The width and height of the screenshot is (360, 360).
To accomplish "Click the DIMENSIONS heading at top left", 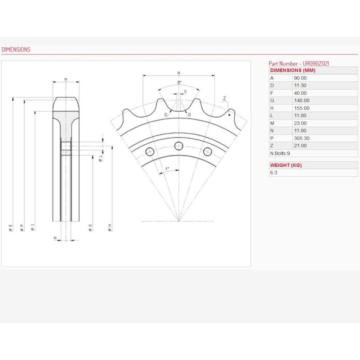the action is [x=16, y=50].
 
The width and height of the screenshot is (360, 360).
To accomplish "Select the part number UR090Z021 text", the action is [x=316, y=64].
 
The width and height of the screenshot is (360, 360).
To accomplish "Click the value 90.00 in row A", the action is [x=300, y=78].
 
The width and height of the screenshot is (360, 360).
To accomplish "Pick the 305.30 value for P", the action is [x=302, y=138].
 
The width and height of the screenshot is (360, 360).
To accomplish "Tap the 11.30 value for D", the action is [x=300, y=85].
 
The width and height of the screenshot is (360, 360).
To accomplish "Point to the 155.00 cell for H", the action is [x=302, y=108].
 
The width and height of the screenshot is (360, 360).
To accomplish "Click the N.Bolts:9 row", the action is [x=280, y=153].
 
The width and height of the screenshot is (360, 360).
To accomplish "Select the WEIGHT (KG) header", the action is [x=286, y=165].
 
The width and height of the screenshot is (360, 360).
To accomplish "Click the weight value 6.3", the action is [x=274, y=173].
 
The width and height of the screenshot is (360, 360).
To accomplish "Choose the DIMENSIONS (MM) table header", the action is [x=293, y=71].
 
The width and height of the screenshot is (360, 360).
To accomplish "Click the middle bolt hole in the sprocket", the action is [x=179, y=146].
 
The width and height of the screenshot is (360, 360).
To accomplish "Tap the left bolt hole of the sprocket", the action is [x=150, y=152].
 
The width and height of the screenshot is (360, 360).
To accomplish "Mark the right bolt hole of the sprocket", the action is [x=208, y=152].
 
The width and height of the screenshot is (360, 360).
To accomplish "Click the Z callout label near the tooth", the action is [x=225, y=98].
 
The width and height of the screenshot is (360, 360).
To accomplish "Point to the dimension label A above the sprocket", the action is [x=179, y=73].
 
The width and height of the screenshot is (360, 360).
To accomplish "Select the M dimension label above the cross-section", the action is [x=66, y=80].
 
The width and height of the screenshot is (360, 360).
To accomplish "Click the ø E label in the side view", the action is [x=10, y=228].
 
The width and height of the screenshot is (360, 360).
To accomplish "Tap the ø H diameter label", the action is [x=110, y=228].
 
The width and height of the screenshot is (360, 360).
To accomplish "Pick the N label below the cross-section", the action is [x=55, y=238].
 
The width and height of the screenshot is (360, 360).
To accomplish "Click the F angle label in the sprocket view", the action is [x=167, y=169].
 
